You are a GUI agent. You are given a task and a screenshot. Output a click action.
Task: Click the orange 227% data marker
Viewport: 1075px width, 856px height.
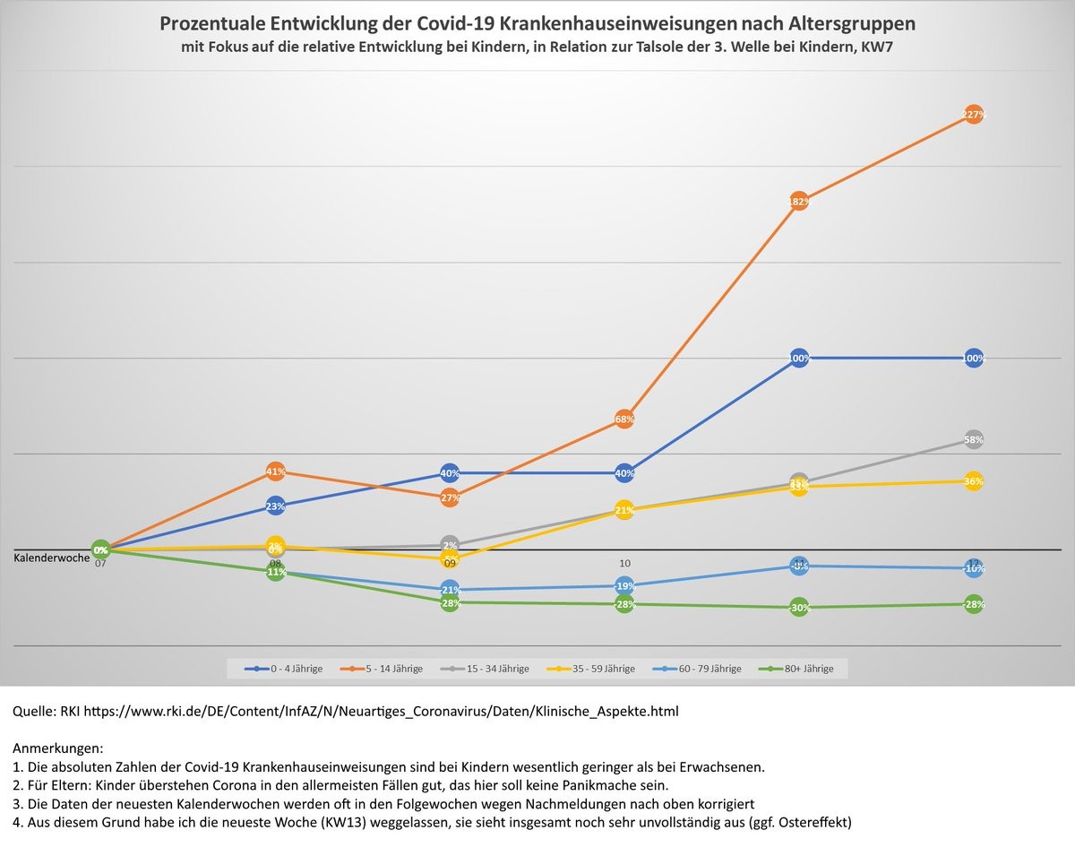974,114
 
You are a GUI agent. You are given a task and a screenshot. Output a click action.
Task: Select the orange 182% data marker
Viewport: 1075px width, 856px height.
799,202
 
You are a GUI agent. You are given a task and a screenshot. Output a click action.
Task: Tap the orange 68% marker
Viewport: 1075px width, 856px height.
624,419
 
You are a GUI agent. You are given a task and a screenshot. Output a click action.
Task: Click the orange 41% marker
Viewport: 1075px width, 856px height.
275,471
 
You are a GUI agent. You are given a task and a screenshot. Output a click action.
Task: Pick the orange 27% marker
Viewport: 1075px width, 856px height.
450,497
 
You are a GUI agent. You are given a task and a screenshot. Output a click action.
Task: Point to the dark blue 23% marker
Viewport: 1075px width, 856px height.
275,506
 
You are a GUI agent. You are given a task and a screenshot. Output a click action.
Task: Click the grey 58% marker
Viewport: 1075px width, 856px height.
974,439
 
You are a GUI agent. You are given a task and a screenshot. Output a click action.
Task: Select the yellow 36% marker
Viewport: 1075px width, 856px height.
974,481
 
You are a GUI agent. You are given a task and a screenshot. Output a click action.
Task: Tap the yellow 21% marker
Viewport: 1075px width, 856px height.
624,510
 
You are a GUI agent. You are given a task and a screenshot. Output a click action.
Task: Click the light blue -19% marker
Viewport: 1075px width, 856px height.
624,585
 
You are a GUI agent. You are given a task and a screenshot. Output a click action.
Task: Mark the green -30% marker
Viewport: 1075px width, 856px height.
799,608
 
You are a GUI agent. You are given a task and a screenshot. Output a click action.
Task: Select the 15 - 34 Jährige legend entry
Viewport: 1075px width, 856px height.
491,669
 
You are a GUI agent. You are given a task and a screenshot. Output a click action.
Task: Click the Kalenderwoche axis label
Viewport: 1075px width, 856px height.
51,558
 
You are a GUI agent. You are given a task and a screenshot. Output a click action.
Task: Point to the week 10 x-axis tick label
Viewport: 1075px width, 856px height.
624,563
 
